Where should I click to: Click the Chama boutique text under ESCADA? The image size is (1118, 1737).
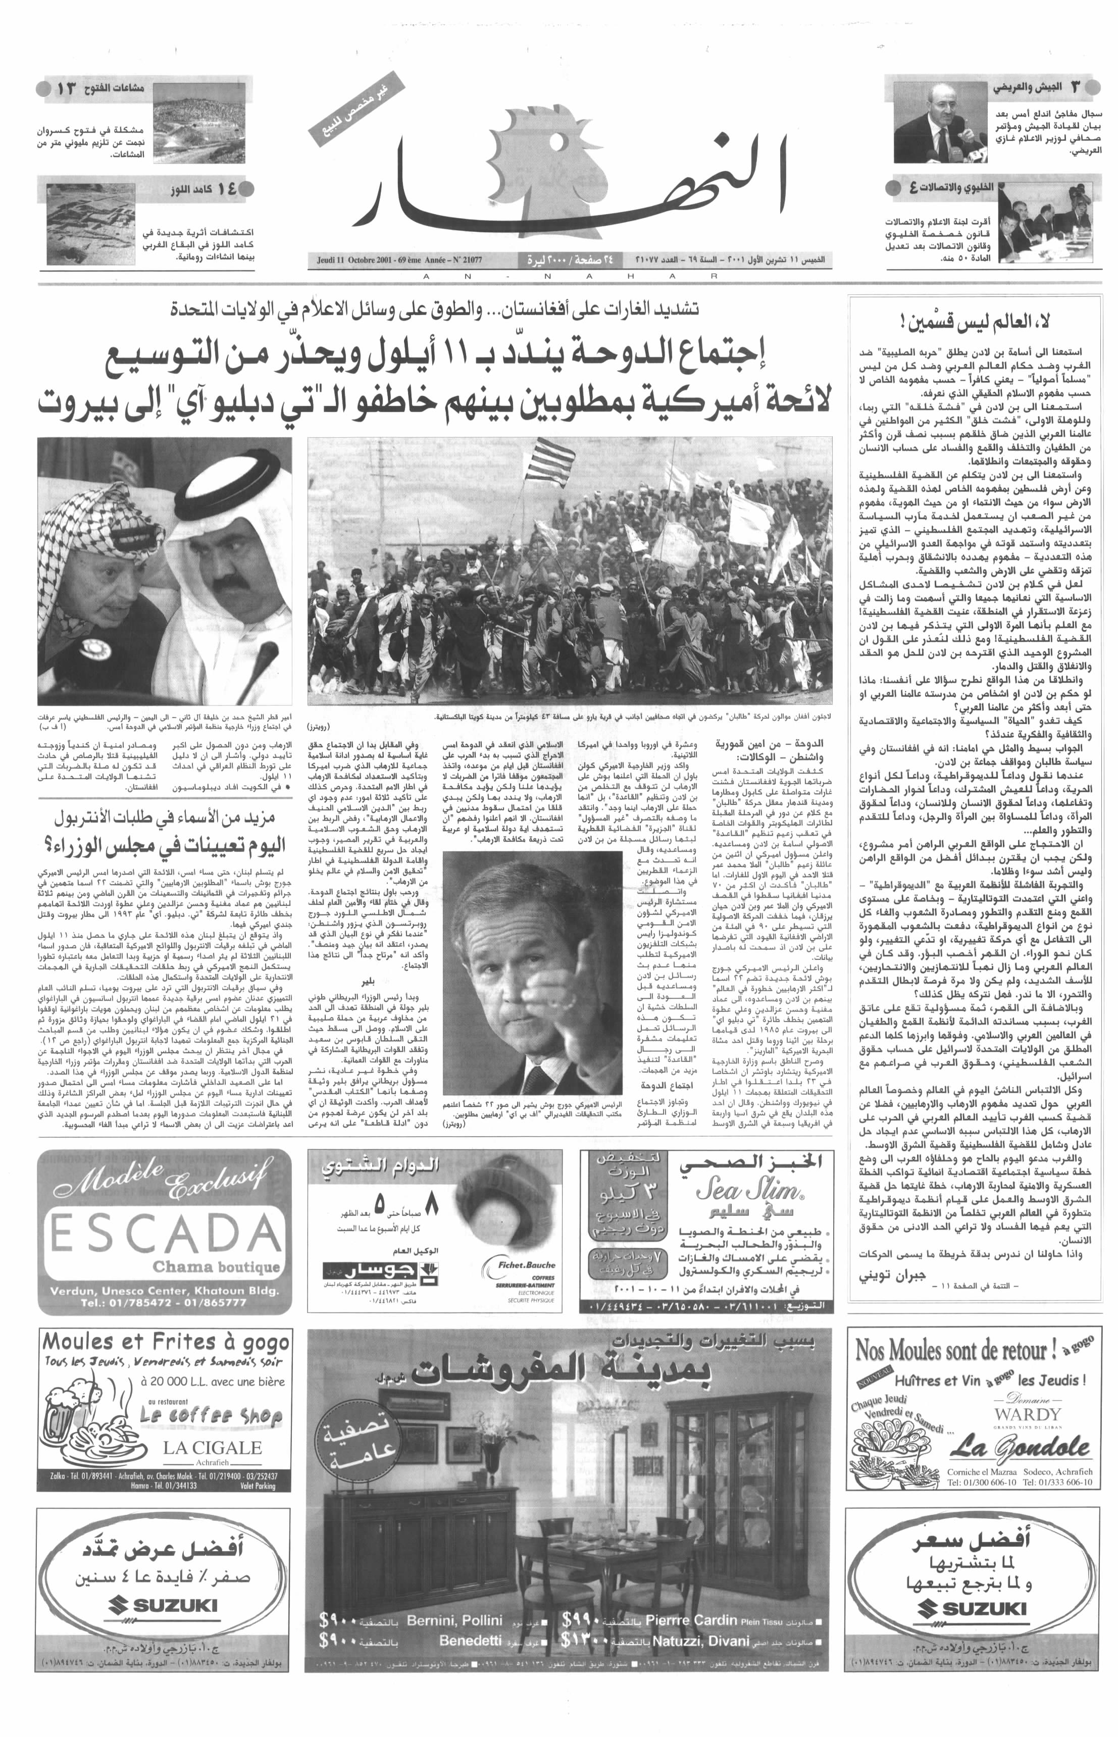point(216,1267)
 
